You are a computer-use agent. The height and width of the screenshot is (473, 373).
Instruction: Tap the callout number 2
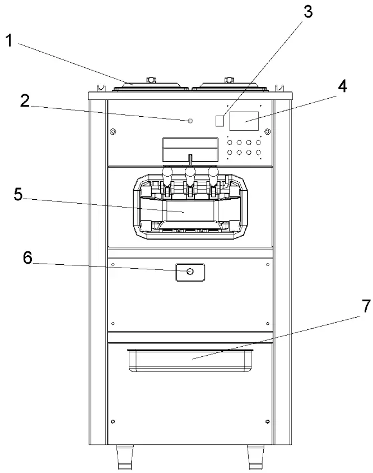[25, 100]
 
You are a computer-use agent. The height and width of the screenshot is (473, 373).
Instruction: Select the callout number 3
[307, 11]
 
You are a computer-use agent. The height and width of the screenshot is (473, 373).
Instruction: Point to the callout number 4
[342, 88]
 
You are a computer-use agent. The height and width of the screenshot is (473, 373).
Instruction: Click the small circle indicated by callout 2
[190, 121]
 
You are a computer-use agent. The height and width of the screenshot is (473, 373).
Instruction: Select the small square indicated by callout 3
[221, 120]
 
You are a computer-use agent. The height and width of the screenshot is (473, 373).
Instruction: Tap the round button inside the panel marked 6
[190, 272]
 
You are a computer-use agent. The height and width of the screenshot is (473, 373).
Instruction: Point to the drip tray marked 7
[190, 360]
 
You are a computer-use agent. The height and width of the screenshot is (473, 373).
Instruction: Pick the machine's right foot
[256, 457]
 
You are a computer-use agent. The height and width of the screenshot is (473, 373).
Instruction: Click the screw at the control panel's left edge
[113, 132]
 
